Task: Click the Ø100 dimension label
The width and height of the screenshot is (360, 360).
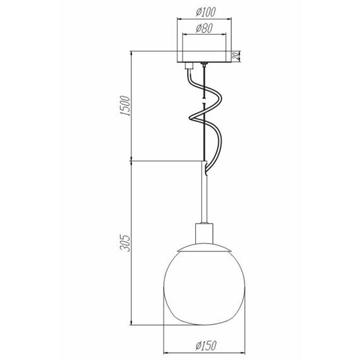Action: pyautogui.click(x=206, y=12)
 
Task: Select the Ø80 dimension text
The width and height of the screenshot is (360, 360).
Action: pyautogui.click(x=204, y=28)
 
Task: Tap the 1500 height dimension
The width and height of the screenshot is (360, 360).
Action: pyautogui.click(x=126, y=106)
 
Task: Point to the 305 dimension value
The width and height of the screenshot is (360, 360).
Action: pyautogui.click(x=126, y=243)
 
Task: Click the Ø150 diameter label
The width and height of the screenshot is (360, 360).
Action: pyautogui.click(x=206, y=345)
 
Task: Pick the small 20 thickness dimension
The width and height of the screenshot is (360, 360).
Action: pyautogui.click(x=236, y=56)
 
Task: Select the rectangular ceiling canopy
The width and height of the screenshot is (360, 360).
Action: pyautogui.click(x=204, y=56)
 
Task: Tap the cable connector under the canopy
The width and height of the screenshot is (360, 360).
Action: pyautogui.click(x=189, y=66)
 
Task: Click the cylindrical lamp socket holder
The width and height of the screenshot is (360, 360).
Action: pyautogui.click(x=204, y=233)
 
